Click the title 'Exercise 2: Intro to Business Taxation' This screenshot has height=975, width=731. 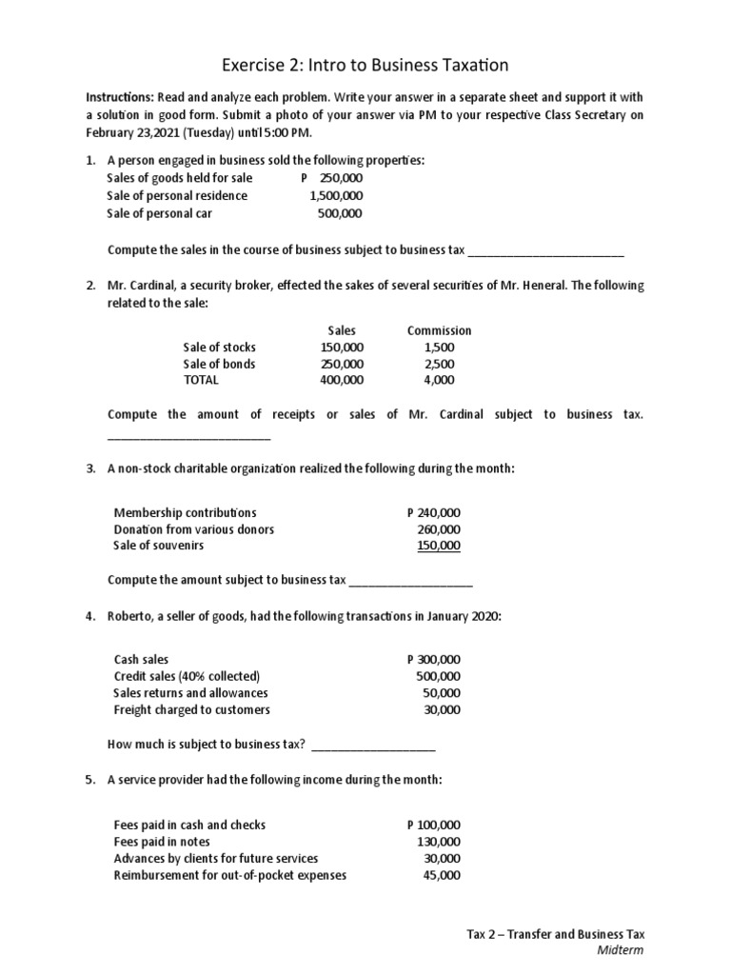click(x=365, y=65)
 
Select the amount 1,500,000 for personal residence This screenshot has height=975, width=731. click(x=336, y=195)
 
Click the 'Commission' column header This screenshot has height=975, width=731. click(x=439, y=329)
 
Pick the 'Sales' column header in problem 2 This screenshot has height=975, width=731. click(x=341, y=329)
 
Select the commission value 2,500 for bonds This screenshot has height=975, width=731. click(x=439, y=364)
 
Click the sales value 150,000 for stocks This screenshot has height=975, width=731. click(x=342, y=347)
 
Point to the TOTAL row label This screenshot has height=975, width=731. click(x=201, y=380)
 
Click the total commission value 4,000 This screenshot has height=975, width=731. click(x=439, y=380)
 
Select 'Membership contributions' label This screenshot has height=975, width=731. click(x=185, y=512)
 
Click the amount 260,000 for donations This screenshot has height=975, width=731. click(x=439, y=529)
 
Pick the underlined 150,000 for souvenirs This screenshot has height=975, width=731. click(x=439, y=546)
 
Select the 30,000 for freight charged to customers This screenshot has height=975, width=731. click(x=442, y=709)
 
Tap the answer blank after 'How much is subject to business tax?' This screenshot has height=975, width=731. click(x=373, y=746)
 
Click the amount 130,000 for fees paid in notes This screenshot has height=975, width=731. click(x=439, y=842)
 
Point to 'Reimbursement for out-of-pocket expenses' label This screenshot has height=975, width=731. click(x=229, y=875)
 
